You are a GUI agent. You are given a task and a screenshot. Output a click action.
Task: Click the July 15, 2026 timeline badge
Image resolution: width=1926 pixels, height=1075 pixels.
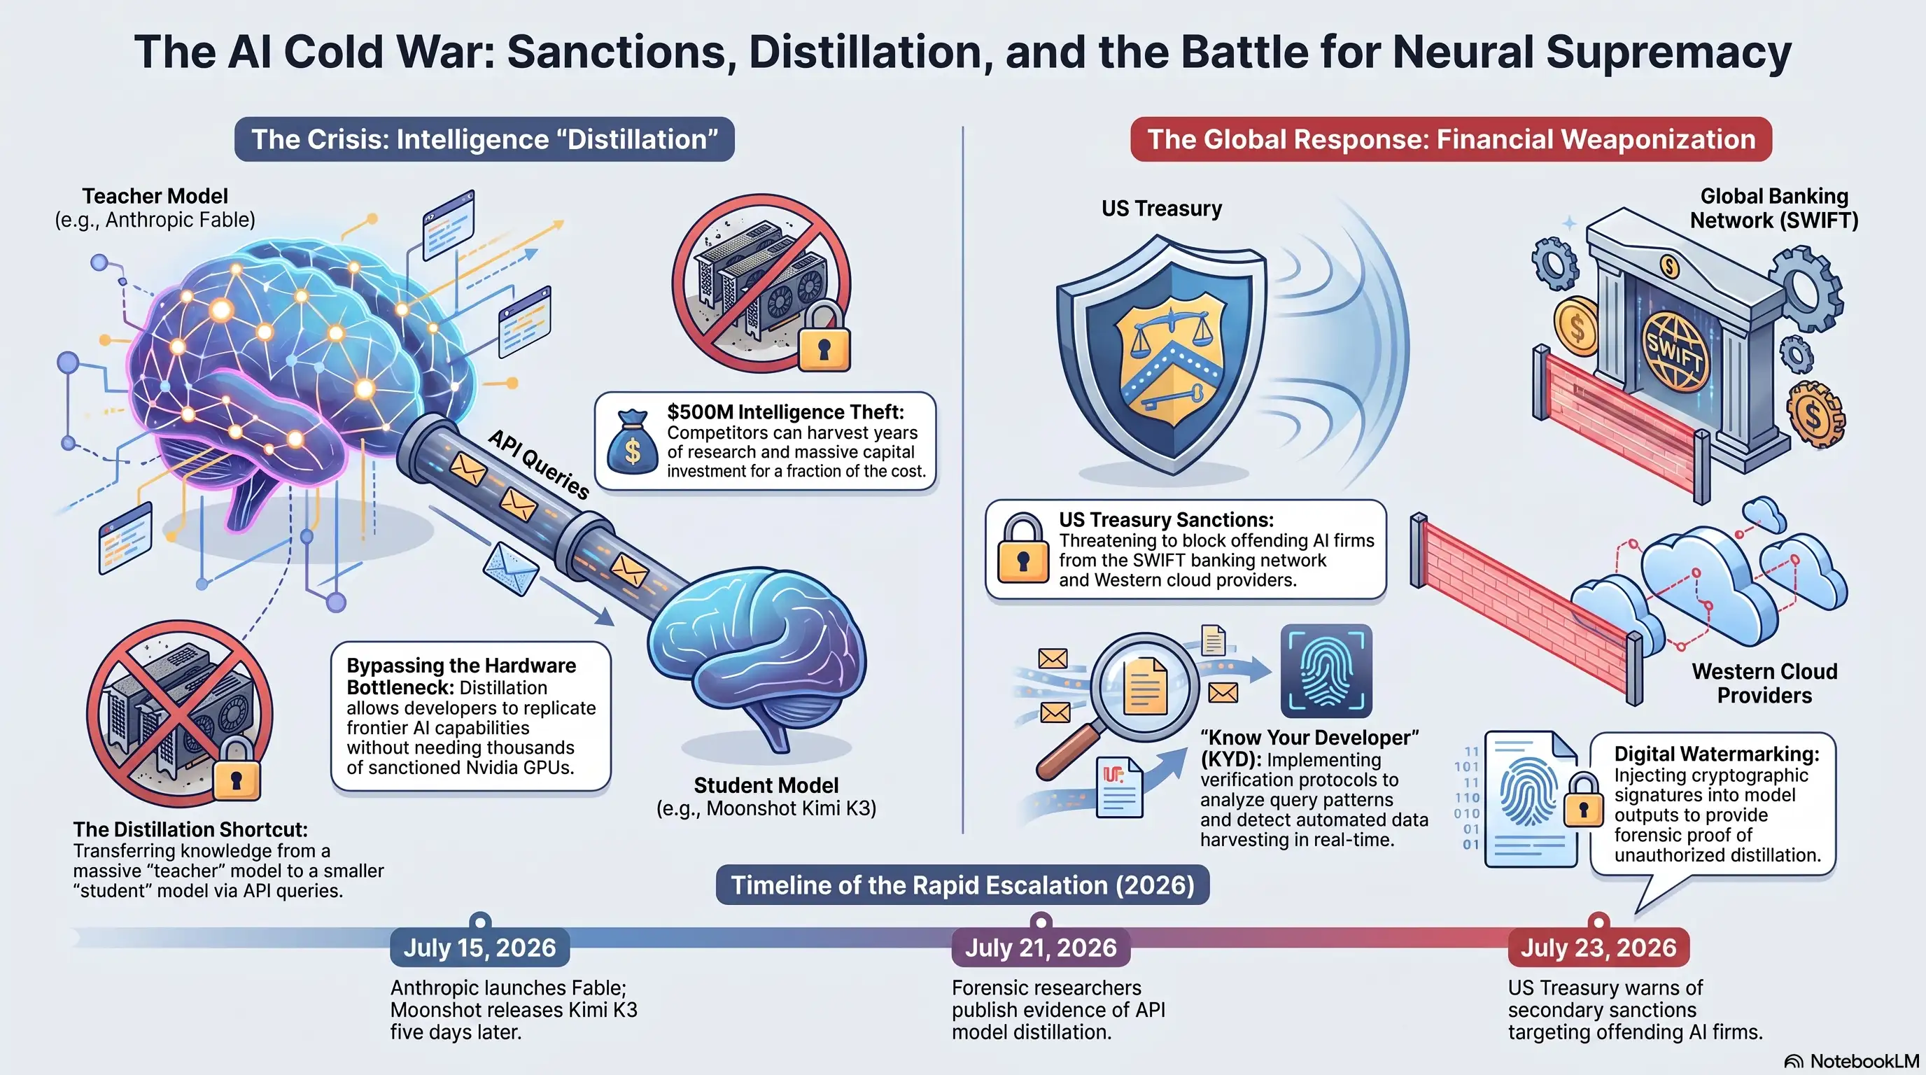click(479, 947)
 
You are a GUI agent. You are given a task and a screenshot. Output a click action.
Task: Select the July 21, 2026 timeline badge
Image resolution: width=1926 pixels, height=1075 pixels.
click(1041, 947)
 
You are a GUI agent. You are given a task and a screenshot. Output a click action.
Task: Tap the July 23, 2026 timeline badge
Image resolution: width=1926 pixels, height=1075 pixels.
click(1598, 947)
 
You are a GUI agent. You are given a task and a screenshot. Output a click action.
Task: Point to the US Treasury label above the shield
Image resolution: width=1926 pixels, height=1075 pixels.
click(1161, 208)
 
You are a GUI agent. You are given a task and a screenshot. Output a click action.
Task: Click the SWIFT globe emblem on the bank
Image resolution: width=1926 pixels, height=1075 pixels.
click(1675, 351)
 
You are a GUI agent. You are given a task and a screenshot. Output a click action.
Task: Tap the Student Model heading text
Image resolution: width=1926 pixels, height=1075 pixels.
click(766, 785)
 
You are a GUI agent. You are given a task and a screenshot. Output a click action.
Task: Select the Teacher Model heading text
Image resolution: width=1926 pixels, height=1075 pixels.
click(155, 196)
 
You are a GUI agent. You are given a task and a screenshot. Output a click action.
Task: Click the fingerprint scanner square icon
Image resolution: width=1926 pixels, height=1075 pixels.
click(1326, 670)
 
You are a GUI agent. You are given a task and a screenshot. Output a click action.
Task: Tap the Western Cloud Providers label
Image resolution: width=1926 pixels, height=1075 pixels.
click(1764, 683)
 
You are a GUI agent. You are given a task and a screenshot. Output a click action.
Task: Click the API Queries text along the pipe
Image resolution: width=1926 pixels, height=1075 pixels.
click(539, 464)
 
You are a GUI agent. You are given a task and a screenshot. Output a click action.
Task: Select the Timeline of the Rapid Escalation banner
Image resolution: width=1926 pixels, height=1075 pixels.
click(963, 885)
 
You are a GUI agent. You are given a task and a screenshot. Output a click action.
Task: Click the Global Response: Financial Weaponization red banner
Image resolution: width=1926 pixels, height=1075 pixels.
click(1451, 139)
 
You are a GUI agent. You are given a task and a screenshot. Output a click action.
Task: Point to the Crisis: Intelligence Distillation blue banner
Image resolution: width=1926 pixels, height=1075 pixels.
click(484, 139)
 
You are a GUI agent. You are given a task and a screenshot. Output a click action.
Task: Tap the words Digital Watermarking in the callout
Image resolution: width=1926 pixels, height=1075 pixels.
click(1717, 754)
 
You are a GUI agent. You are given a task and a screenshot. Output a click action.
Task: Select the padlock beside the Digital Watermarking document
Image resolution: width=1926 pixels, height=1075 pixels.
click(1584, 800)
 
